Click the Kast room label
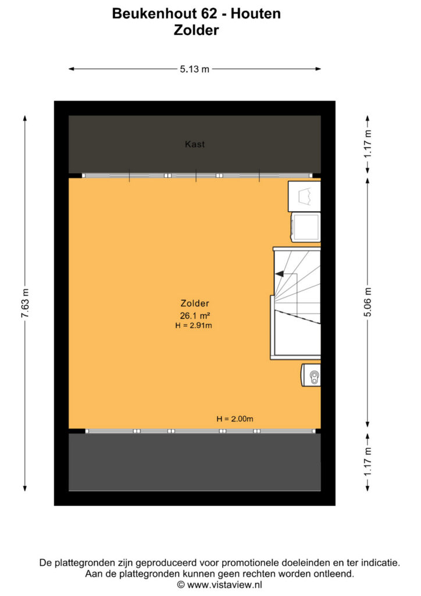pos(195,144)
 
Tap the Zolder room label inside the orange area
pos(195,303)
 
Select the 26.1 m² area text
pos(195,315)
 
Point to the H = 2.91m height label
pos(194,325)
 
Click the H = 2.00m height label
pos(235,419)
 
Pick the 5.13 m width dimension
pos(195,69)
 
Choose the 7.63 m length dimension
pos(25,303)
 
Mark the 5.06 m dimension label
pos(368,303)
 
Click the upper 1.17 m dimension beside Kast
pos(368,144)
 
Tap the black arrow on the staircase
pos(279,274)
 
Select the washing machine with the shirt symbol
pos(305,196)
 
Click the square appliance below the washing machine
pos(306,227)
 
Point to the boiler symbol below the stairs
pos(311,375)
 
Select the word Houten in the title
pos(256,14)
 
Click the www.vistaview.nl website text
pos(224,584)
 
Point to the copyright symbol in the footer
pos(181,584)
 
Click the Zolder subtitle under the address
pos(197,30)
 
